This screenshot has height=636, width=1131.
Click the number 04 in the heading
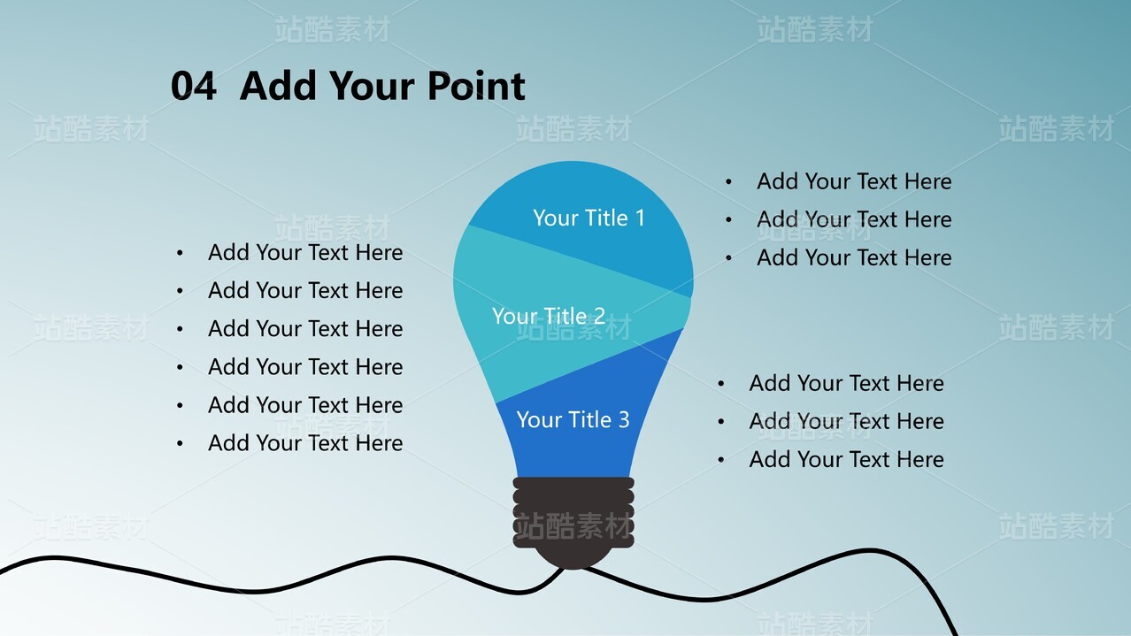194,86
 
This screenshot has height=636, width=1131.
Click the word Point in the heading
476,86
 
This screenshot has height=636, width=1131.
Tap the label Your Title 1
589,218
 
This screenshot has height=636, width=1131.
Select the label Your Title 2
549,316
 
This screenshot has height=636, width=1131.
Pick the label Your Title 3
573,419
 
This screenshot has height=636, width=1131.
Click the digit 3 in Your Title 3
624,420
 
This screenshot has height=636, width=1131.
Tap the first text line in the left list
305,252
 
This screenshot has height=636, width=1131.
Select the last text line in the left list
305,443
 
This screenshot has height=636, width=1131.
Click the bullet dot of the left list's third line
180,329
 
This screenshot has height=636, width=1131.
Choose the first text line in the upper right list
854,181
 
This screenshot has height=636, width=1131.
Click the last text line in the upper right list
854,257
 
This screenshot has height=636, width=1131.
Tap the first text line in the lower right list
847,383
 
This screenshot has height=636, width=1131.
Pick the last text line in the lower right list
847,459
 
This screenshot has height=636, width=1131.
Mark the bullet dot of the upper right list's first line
728,181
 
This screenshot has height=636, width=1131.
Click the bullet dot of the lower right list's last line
721,460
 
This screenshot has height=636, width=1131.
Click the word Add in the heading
278,86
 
